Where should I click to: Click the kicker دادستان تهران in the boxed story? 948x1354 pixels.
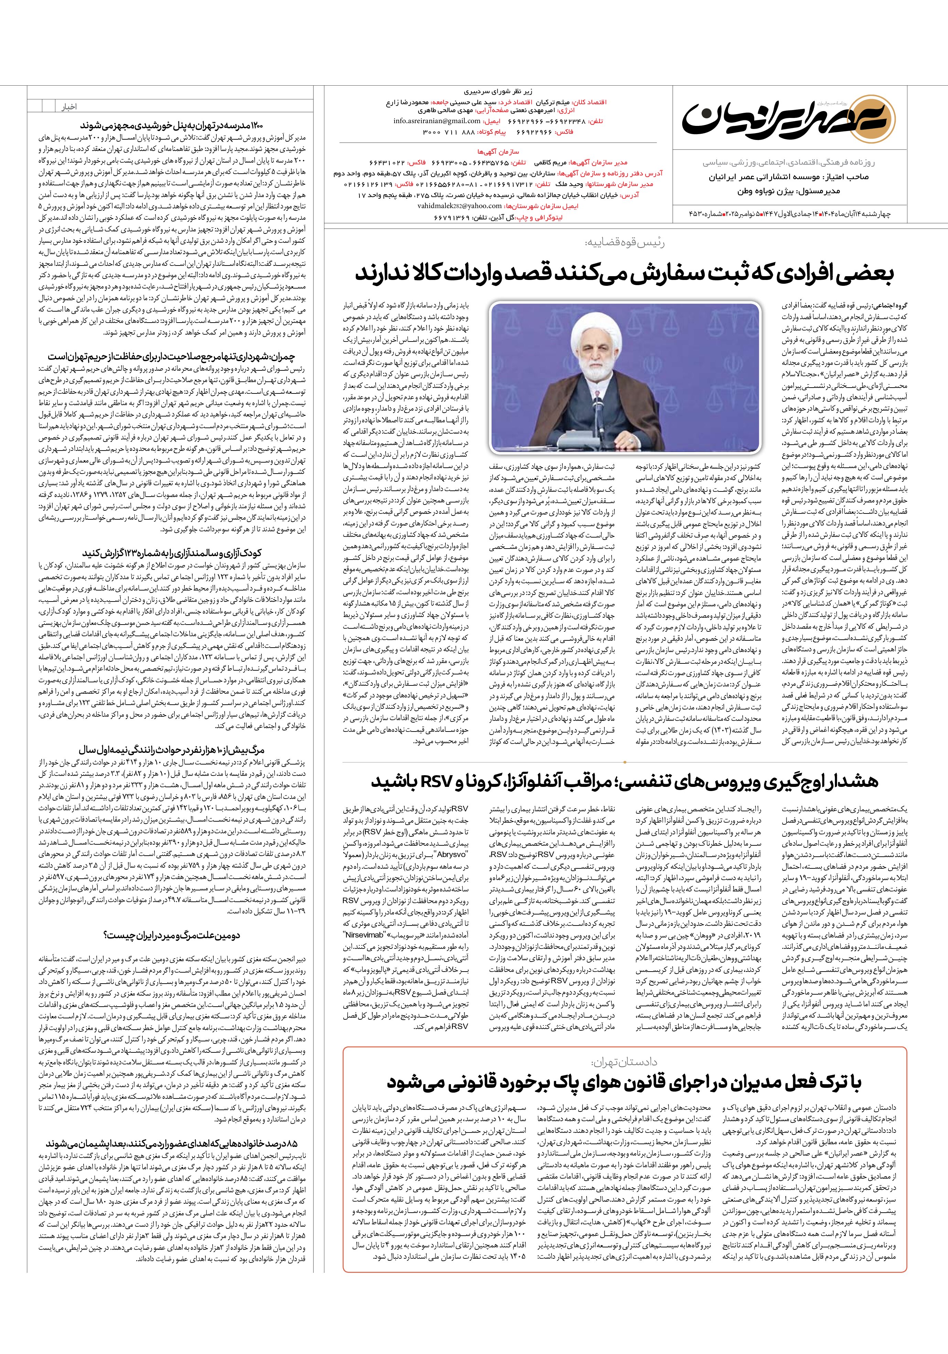pos(624,1062)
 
